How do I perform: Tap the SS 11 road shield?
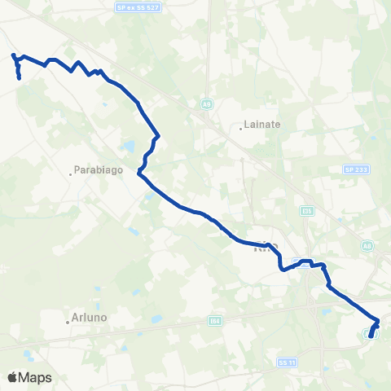click(284, 361)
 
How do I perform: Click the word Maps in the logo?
click(36, 377)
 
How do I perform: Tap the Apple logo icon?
click(13, 377)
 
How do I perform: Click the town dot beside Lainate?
click(244, 127)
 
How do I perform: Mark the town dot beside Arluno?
click(68, 321)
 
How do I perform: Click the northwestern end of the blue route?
click(13, 55)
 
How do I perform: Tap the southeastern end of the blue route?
click(371, 336)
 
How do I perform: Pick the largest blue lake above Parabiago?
click(129, 147)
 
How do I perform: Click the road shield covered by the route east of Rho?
click(298, 262)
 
